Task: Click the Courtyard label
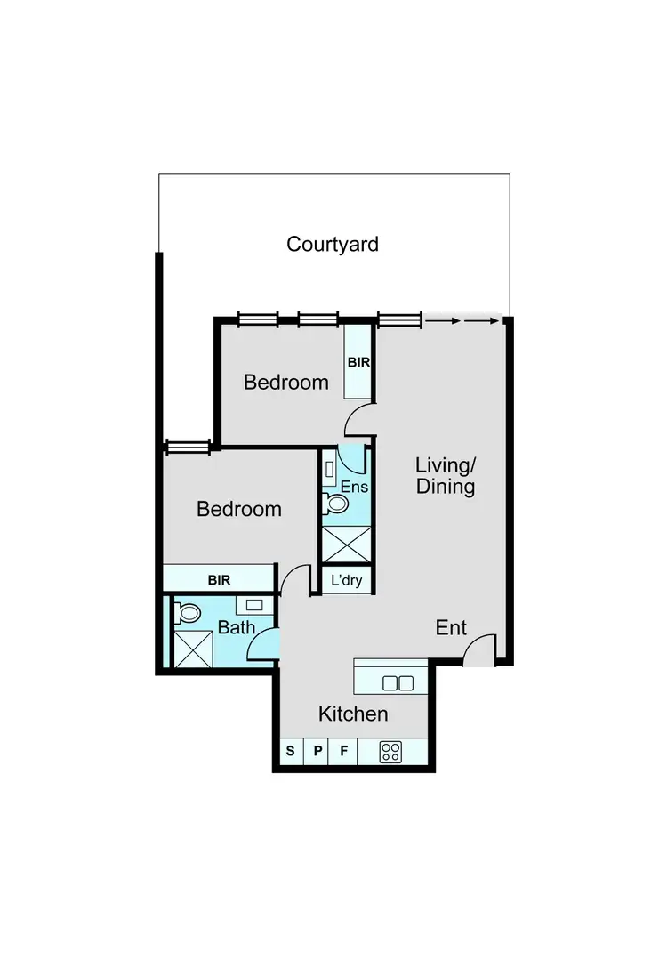333,244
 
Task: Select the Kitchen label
353,714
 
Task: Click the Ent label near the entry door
451,628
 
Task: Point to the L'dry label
346,580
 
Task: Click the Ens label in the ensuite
355,487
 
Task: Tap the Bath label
237,628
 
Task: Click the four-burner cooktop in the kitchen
391,752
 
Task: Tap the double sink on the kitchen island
398,683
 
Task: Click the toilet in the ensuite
337,504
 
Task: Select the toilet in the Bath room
188,613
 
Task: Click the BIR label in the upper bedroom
358,363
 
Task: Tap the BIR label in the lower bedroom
219,580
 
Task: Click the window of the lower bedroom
188,448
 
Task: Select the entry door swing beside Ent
478,650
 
